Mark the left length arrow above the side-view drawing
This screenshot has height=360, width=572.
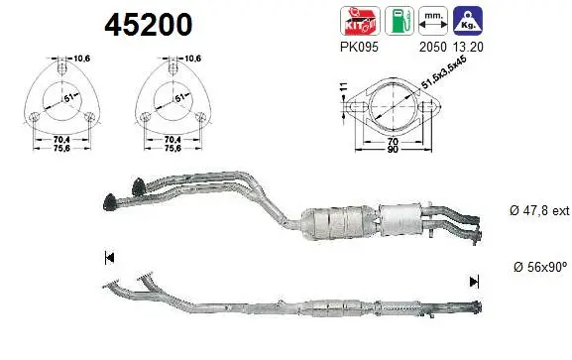(107, 260)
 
